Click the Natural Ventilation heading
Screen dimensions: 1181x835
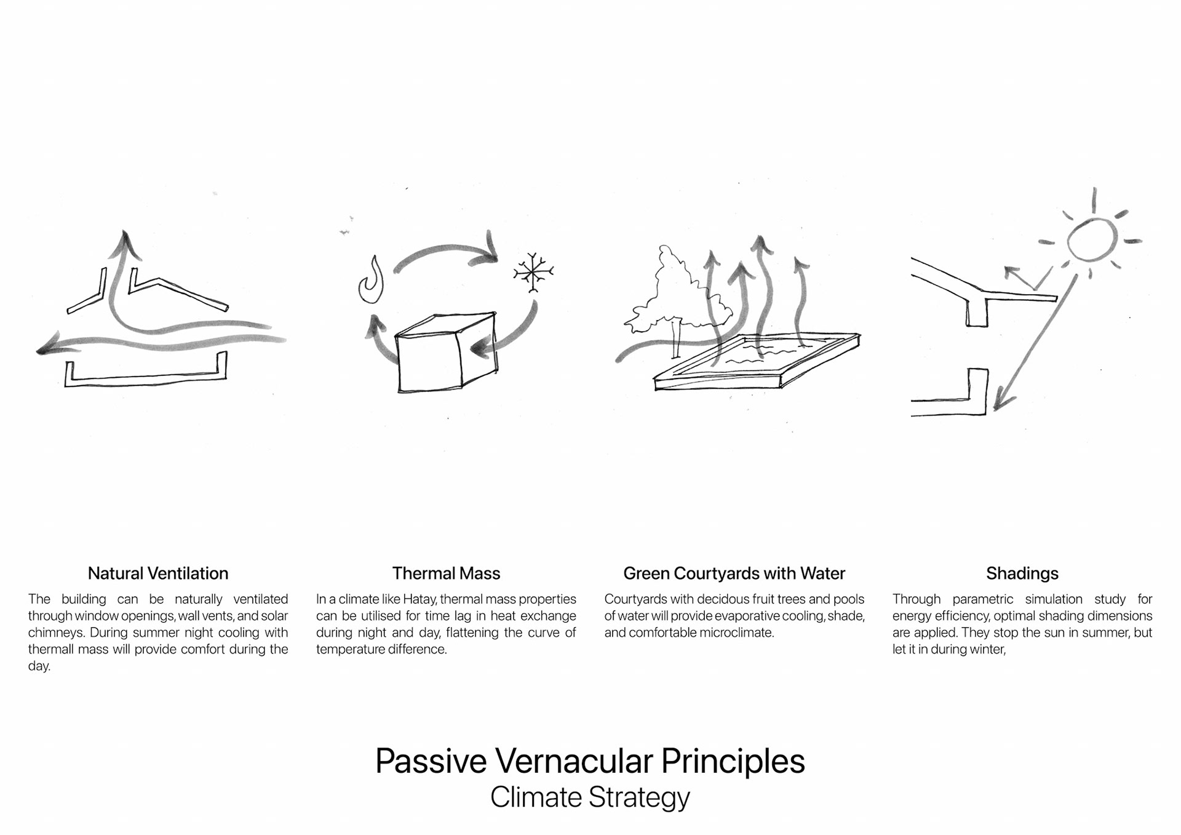158,573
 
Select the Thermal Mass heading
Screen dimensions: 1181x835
446,573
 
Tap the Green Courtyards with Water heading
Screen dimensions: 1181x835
734,573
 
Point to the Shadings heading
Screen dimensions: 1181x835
1022,573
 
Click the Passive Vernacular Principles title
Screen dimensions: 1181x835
590,761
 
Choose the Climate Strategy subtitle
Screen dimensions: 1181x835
590,797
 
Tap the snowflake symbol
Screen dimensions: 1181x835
533,271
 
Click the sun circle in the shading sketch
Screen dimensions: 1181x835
1092,239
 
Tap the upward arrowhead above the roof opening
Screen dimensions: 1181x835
125,242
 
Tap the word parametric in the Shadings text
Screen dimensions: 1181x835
982,599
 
